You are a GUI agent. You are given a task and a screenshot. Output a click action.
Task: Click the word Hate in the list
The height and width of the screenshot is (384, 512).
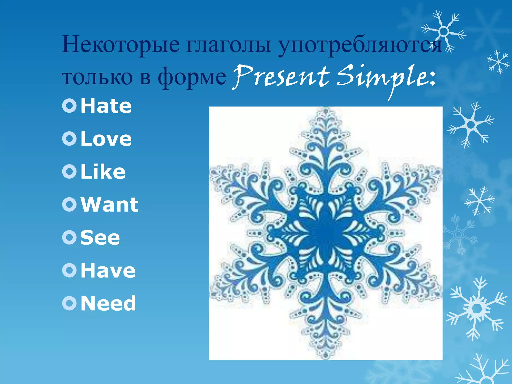(106, 106)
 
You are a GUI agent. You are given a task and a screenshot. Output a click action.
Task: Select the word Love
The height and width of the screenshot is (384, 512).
(106, 139)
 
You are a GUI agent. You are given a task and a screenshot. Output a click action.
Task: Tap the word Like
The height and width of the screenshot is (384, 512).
(103, 172)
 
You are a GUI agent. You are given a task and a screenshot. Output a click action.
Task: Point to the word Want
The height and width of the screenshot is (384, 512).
(109, 205)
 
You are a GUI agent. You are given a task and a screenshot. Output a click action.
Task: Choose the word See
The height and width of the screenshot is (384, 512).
(100, 238)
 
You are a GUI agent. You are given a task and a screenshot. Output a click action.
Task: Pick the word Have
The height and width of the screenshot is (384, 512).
(108, 271)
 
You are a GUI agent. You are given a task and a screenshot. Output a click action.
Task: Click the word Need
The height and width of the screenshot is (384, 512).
(108, 303)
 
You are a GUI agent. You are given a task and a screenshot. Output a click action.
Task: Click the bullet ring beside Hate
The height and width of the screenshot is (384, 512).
(69, 106)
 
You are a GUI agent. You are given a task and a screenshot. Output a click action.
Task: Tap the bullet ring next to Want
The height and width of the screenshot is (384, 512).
(69, 205)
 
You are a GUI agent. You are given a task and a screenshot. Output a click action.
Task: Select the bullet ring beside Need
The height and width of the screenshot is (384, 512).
(69, 303)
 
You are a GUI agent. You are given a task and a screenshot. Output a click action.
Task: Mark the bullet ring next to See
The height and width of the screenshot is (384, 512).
(69, 238)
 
